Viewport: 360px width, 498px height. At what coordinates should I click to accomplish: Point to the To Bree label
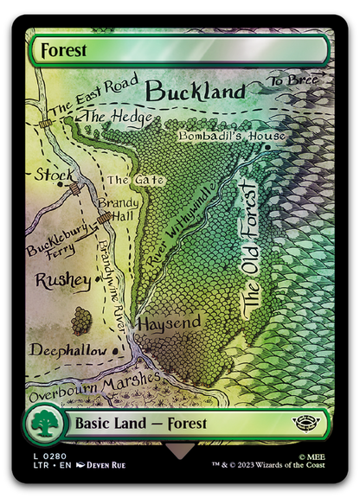click(293, 80)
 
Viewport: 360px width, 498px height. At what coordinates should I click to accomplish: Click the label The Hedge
click(107, 117)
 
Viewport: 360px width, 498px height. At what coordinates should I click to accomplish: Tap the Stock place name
click(54, 176)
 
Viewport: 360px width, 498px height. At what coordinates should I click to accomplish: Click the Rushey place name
click(62, 282)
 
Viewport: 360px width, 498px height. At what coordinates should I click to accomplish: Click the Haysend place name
click(170, 322)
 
